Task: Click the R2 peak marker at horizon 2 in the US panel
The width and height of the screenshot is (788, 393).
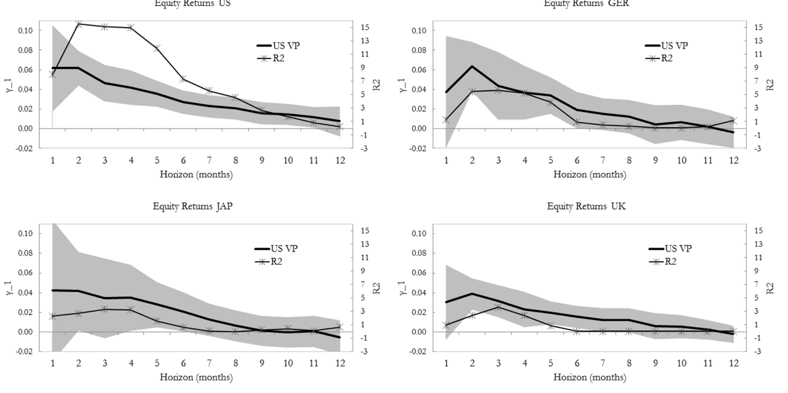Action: tap(78, 24)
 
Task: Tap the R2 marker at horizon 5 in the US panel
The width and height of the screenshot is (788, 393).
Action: tap(157, 48)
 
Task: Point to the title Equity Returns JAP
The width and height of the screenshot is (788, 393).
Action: tap(193, 206)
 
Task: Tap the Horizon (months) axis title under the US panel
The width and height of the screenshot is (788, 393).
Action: tap(196, 174)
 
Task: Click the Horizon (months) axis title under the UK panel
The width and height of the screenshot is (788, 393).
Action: tap(589, 377)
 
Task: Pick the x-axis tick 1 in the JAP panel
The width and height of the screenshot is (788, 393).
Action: tap(52, 363)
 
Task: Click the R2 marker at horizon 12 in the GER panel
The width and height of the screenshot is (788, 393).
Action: tap(734, 121)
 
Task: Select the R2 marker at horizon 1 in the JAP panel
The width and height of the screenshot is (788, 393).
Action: tap(52, 316)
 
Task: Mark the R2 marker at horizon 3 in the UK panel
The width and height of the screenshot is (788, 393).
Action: tap(498, 307)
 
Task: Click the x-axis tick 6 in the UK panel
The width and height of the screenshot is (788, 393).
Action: tap(576, 363)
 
